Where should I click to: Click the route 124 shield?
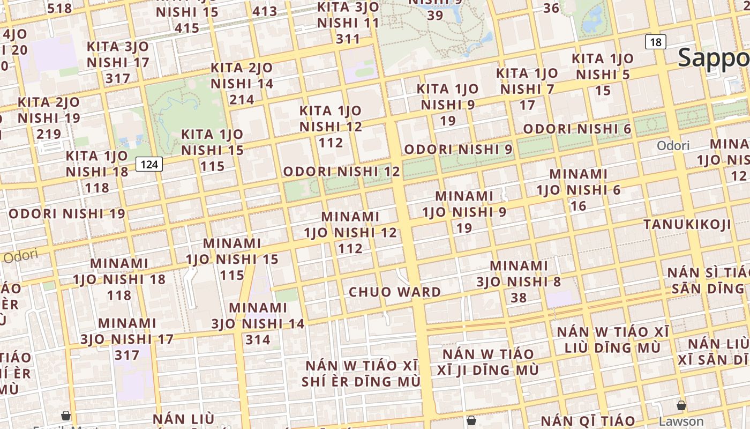(x=149, y=164)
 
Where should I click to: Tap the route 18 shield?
(x=656, y=42)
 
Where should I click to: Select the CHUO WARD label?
(x=395, y=292)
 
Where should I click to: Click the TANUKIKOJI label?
(x=687, y=224)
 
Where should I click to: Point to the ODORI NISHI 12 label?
(x=341, y=172)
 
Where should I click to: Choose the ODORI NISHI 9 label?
(x=458, y=149)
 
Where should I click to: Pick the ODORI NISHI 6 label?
(x=577, y=129)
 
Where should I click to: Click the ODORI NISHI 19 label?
(x=67, y=213)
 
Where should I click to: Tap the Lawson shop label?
(x=681, y=421)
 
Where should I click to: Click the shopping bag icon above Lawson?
(x=681, y=405)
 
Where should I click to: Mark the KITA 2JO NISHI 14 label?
(x=242, y=84)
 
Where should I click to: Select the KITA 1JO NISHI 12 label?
(x=331, y=127)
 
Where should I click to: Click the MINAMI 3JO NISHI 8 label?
(x=519, y=282)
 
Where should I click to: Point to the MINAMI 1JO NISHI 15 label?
(x=232, y=259)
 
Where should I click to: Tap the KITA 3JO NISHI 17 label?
(x=118, y=62)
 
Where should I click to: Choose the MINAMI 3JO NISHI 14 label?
(x=258, y=323)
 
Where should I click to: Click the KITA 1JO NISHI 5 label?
(x=603, y=74)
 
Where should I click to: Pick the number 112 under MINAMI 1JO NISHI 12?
(x=350, y=248)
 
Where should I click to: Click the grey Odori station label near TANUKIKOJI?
(x=673, y=146)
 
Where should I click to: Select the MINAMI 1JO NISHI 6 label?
(x=579, y=189)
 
